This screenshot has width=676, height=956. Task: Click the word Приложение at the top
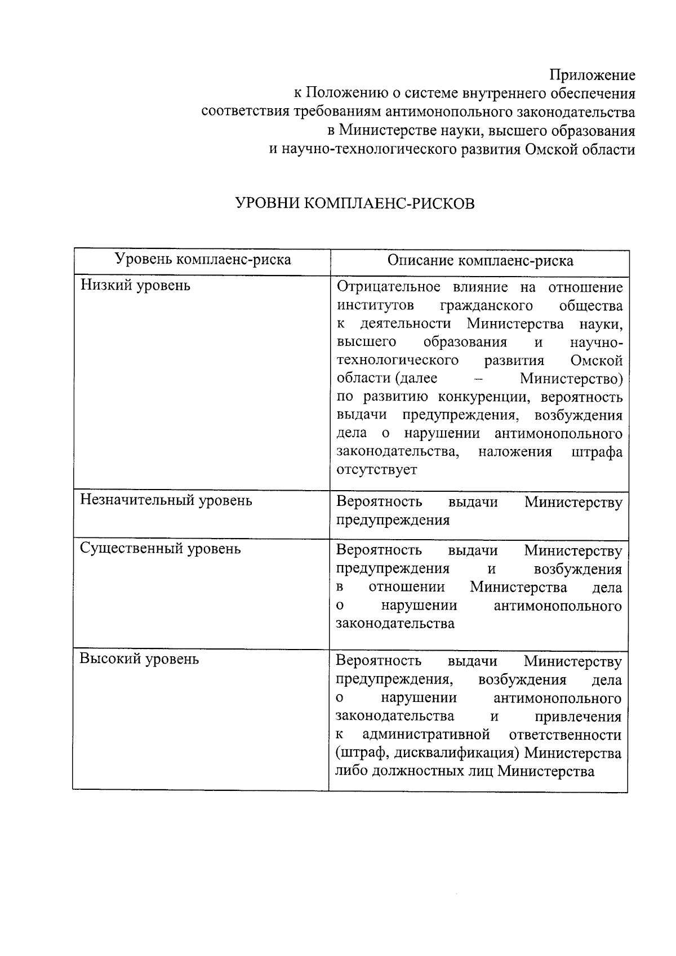[592, 75]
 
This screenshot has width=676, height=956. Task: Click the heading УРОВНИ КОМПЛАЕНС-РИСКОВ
[354, 203]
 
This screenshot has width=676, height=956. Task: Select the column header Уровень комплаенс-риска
[203, 260]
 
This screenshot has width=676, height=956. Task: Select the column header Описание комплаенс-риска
[480, 260]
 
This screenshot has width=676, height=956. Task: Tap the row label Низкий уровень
[135, 286]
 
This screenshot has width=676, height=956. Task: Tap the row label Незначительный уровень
[166, 500]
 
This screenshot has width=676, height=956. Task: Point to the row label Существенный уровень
[160, 549]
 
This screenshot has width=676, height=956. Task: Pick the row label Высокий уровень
[139, 659]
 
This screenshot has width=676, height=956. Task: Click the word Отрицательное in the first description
[388, 287]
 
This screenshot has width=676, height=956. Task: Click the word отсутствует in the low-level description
[376, 470]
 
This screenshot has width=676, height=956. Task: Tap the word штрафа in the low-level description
[597, 452]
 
